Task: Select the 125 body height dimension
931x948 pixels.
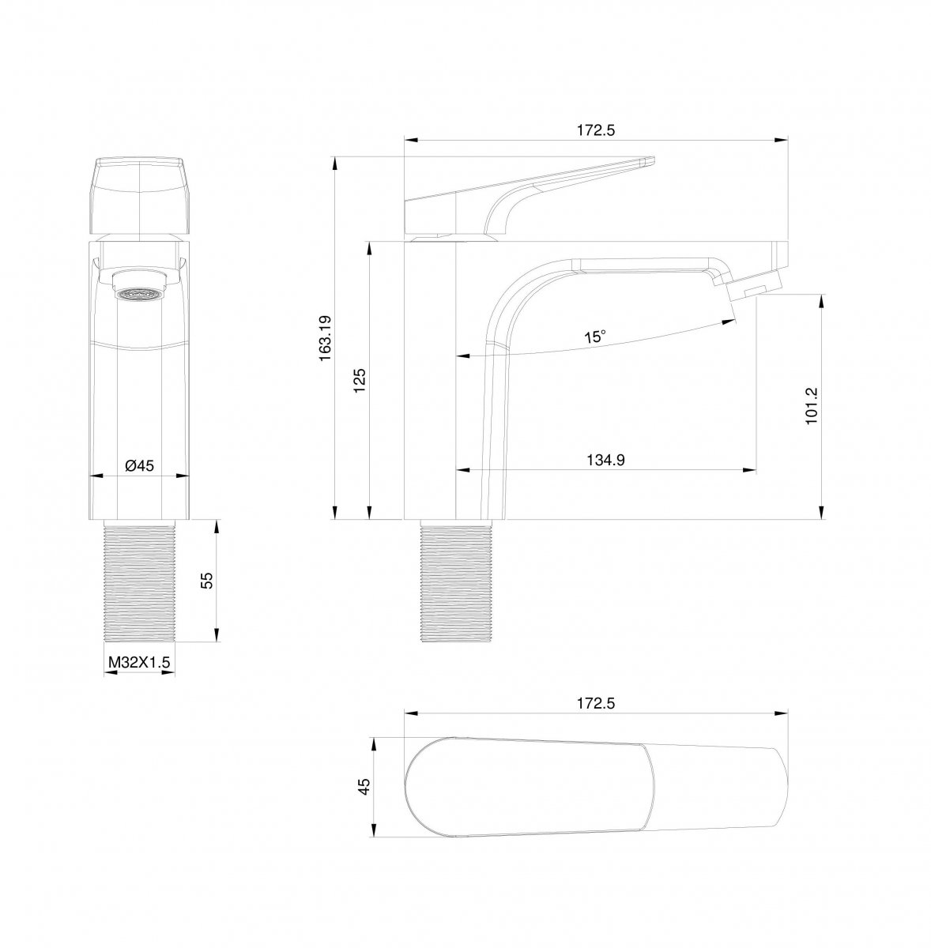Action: coord(360,380)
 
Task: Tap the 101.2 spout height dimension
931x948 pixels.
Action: coord(811,406)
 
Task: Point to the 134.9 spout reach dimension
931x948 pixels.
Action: coord(605,460)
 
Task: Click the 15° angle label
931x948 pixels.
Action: coord(595,337)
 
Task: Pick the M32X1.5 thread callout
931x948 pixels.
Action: coord(139,662)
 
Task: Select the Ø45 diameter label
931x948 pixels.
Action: coord(139,465)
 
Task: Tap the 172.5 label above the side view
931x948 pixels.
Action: coord(596,130)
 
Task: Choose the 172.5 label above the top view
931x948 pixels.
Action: coord(596,704)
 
